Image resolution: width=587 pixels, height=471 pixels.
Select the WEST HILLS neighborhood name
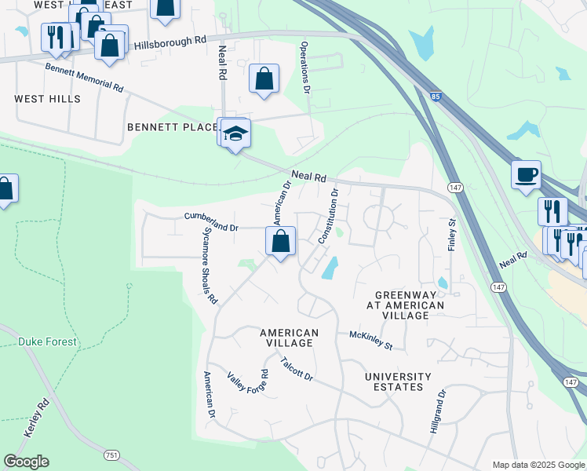(47, 99)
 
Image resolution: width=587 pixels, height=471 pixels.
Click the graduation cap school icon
(234, 134)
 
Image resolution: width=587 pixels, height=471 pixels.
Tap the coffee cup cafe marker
(526, 173)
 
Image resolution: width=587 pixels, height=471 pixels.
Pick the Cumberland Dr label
(210, 221)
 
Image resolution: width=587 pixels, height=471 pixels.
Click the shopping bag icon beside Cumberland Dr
(281, 241)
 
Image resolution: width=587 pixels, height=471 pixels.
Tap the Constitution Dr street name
(328, 215)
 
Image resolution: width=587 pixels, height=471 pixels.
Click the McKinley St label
(370, 340)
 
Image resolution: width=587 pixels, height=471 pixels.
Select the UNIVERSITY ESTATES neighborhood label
(398, 382)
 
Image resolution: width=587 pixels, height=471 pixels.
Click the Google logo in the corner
(26, 462)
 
